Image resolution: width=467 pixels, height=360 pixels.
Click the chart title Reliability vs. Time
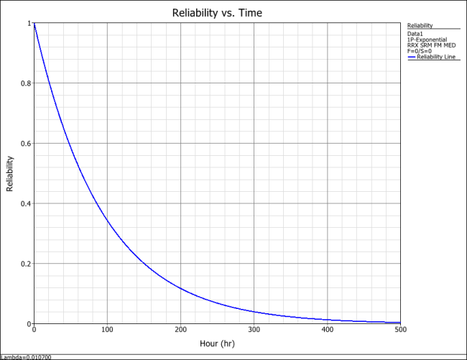point(217,13)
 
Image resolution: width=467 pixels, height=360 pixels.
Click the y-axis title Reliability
point(10,173)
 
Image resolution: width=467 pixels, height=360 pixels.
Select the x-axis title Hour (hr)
point(217,344)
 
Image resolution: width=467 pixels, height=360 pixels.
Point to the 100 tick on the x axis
point(107,331)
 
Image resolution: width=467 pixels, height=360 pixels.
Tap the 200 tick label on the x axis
point(180,331)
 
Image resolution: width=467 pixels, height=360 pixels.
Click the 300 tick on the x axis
point(254,331)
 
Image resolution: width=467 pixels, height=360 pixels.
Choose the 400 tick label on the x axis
point(328,331)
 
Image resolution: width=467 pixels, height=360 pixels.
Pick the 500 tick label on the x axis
point(400,331)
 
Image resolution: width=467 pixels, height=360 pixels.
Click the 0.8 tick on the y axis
point(25,83)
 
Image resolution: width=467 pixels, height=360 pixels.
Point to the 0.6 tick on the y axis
point(25,144)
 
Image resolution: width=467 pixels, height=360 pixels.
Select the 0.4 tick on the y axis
point(25,203)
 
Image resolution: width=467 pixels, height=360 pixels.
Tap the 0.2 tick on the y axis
point(25,264)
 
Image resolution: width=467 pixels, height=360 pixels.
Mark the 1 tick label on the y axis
point(29,24)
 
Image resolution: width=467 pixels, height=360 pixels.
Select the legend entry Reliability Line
point(433,57)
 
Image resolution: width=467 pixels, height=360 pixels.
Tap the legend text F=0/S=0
point(419,51)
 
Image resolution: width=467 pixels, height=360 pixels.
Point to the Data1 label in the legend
point(415,34)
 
